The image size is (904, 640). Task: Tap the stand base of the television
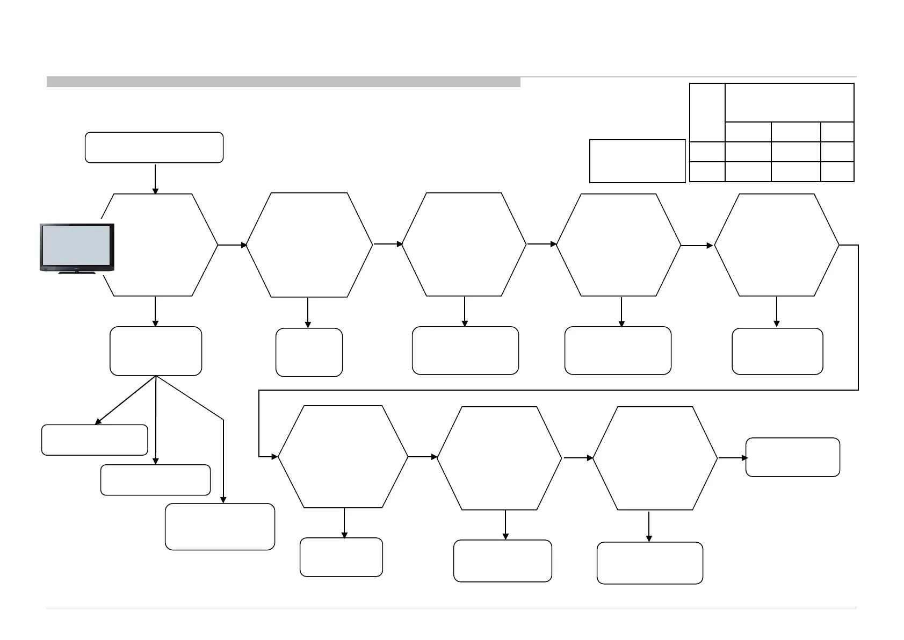coord(77,273)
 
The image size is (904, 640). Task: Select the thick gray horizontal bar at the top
coord(283,82)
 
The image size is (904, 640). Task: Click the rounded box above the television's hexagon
coord(154,147)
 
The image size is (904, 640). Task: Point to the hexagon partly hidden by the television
coord(161,245)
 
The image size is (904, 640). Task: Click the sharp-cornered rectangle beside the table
coord(637,161)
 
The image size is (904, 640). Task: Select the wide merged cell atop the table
coord(789,103)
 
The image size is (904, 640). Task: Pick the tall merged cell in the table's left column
coord(707,112)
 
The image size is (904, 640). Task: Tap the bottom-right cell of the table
coord(837,171)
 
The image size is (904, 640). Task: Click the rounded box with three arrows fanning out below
coord(156,350)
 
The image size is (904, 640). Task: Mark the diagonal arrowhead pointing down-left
coord(98,422)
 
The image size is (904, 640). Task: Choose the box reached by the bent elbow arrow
coord(220,526)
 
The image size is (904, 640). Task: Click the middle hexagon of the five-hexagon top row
coord(464,244)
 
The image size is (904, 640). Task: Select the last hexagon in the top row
coord(776,245)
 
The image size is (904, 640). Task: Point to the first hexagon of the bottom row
coord(343,456)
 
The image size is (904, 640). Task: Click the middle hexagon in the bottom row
coord(500,458)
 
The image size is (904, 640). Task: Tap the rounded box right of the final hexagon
coord(792,457)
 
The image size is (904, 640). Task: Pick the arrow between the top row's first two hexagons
coord(232,245)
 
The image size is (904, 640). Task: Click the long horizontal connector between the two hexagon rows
coord(559,390)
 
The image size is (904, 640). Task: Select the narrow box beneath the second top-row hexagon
coord(309,352)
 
